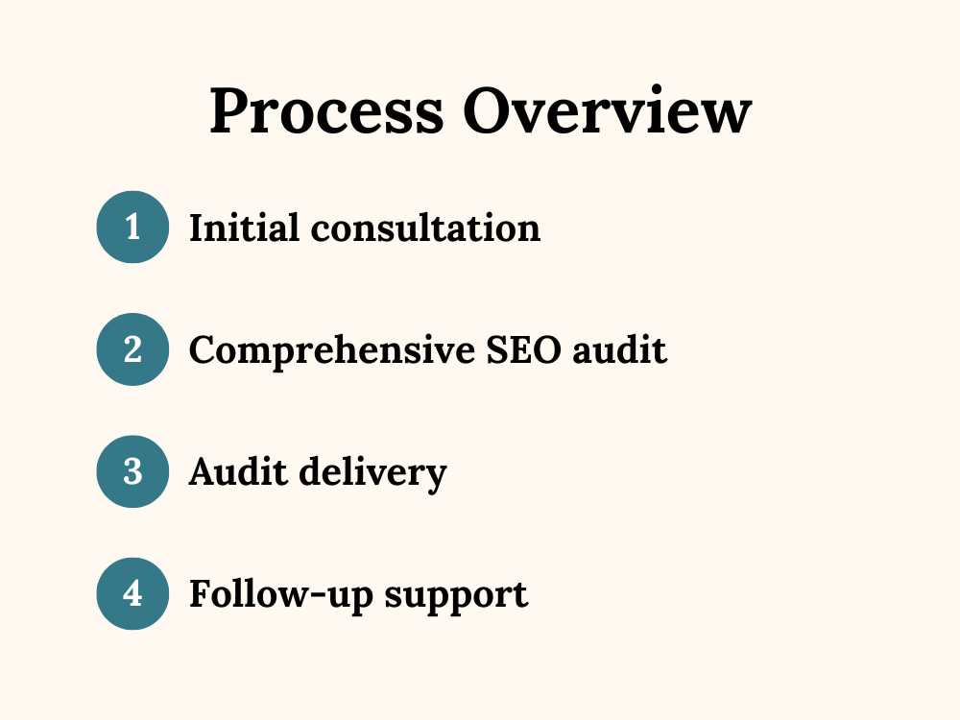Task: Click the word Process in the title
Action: tap(326, 110)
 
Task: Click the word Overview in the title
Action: tap(608, 109)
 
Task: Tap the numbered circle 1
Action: tap(132, 228)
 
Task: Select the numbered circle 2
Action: tap(132, 349)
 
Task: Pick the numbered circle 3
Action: tap(132, 471)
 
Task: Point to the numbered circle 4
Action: tap(132, 594)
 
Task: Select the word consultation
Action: tap(425, 228)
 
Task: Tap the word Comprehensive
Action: tap(332, 351)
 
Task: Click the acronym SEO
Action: tap(523, 350)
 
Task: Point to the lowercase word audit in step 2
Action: tap(619, 349)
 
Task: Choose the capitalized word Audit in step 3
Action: tap(238, 471)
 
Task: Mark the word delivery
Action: tap(372, 473)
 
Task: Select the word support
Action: tap(456, 597)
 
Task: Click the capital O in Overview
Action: tap(489, 109)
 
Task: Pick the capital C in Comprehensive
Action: tap(204, 349)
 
